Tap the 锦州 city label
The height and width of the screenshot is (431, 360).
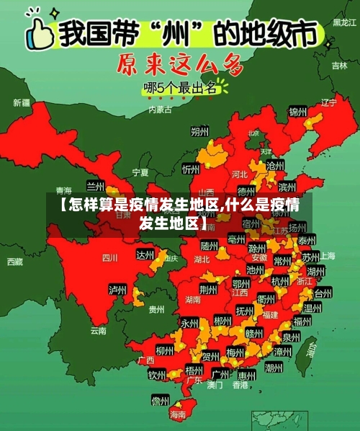click(x=297, y=112)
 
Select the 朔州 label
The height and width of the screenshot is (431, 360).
click(x=199, y=132)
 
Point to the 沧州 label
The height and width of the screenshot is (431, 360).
click(x=274, y=165)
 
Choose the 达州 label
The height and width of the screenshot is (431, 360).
click(x=145, y=254)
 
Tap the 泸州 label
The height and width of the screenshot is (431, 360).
click(x=117, y=290)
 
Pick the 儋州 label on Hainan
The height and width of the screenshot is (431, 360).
click(x=160, y=399)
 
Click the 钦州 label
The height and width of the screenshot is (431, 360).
click(x=157, y=375)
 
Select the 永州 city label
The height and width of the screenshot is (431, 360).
click(x=189, y=323)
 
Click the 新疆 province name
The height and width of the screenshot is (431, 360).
click(x=22, y=102)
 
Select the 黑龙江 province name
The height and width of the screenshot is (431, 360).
click(x=343, y=22)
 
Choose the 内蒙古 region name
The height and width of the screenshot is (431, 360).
click(x=160, y=110)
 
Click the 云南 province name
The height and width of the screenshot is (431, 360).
click(x=99, y=331)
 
